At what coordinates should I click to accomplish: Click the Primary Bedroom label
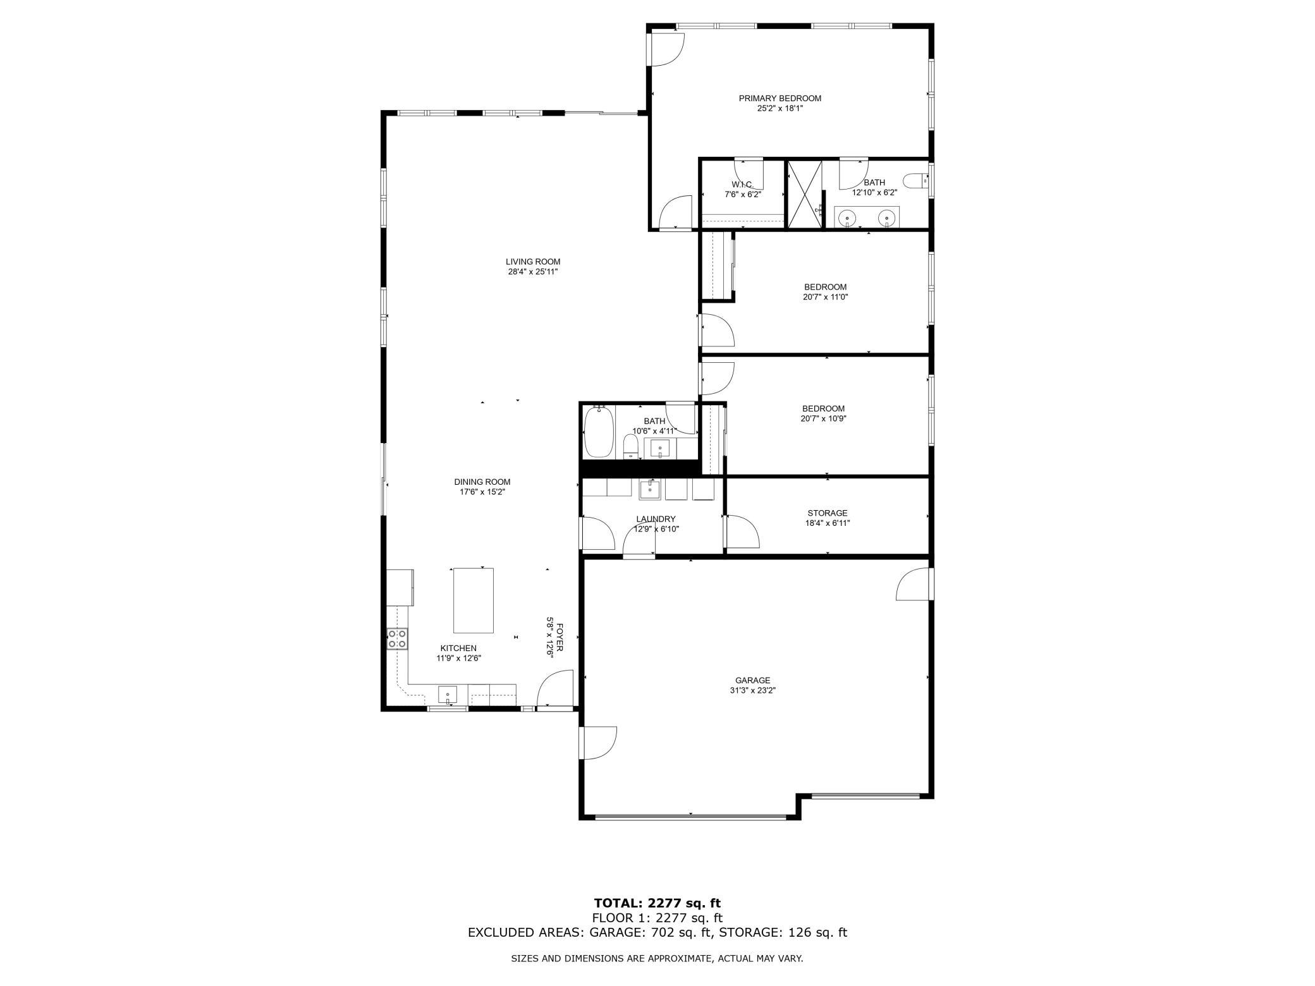pyautogui.click(x=780, y=98)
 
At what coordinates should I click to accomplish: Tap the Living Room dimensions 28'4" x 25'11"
pyautogui.click(x=533, y=272)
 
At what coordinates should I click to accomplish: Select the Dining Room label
pyautogui.click(x=482, y=482)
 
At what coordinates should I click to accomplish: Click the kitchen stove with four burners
pyautogui.click(x=397, y=638)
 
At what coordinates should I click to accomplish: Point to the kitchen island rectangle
pyautogui.click(x=473, y=600)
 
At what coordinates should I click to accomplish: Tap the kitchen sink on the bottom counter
pyautogui.click(x=448, y=695)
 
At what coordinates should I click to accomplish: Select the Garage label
pyautogui.click(x=752, y=681)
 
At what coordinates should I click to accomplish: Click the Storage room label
pyautogui.click(x=827, y=513)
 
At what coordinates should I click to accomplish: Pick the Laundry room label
pyautogui.click(x=656, y=519)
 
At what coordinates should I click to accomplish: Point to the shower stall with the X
pyautogui.click(x=804, y=195)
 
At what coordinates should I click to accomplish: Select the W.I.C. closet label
pyautogui.click(x=742, y=185)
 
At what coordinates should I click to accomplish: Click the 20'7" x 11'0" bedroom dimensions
pyautogui.click(x=825, y=297)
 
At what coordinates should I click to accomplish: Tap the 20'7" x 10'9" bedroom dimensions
pyautogui.click(x=824, y=418)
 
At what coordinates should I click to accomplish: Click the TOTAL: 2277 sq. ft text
pyautogui.click(x=657, y=903)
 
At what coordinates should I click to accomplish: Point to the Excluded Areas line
pyautogui.click(x=657, y=932)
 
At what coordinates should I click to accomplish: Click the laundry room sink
pyautogui.click(x=650, y=489)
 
